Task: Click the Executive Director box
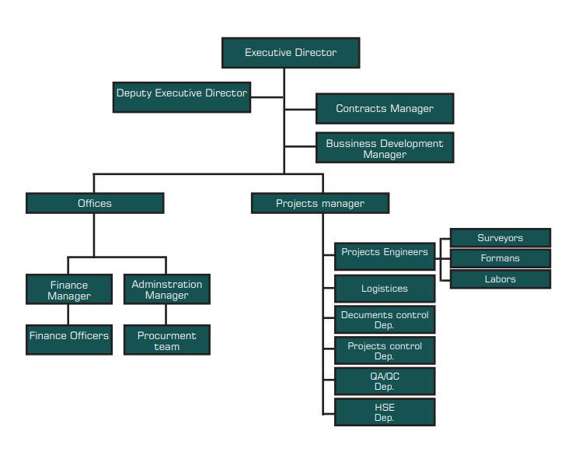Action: click(291, 53)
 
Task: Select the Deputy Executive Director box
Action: click(182, 96)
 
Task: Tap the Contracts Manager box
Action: click(385, 109)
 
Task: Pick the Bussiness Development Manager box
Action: click(385, 148)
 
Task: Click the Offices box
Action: click(95, 203)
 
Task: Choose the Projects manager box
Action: click(320, 203)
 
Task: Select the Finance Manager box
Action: click(69, 289)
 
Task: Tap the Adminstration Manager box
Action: click(167, 289)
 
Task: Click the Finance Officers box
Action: click(69, 339)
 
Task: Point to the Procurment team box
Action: click(167, 340)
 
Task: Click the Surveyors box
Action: click(500, 238)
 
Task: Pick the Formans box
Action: click(500, 258)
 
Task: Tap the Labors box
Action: click(500, 279)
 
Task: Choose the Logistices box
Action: click(385, 289)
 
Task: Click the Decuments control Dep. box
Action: click(385, 320)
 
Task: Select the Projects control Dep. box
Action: click(385, 350)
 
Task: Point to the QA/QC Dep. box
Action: click(385, 381)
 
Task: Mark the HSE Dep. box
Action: click(385, 412)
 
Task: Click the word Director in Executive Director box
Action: click(316, 53)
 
